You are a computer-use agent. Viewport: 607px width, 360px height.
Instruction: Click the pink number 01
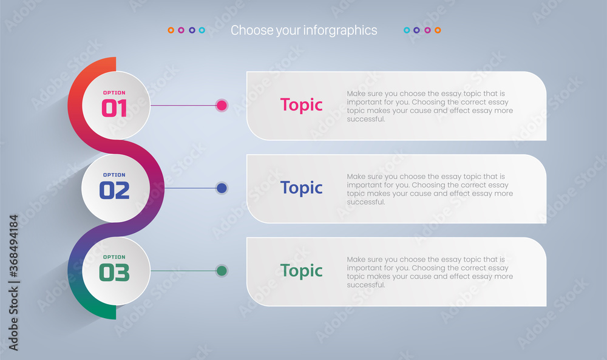click(114, 108)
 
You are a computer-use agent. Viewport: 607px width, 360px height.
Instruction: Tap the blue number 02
click(114, 191)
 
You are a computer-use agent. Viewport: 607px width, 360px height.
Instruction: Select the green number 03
click(114, 273)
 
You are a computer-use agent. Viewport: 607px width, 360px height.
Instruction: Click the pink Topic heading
click(301, 105)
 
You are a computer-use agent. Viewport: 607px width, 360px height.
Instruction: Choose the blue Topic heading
click(301, 188)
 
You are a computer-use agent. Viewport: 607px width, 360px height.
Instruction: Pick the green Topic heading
click(301, 271)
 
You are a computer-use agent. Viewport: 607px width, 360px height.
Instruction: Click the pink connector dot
click(222, 105)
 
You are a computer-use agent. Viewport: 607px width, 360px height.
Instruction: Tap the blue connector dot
click(222, 188)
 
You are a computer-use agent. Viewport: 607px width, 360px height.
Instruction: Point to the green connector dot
click(222, 271)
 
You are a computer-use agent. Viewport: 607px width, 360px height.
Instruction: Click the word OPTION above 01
click(114, 93)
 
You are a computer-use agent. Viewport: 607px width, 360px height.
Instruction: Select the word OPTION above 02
click(114, 175)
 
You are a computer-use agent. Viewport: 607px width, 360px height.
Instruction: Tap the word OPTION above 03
click(114, 257)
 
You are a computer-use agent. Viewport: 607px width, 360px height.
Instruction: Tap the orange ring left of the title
click(171, 30)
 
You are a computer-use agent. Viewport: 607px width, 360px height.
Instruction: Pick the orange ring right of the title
click(438, 30)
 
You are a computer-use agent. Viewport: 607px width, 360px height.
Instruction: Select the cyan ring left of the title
click(202, 30)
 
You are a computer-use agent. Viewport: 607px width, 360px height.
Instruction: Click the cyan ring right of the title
click(407, 30)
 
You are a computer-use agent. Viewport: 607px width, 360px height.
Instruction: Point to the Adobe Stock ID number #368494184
click(13, 246)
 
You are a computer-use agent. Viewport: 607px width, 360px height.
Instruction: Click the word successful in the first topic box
click(366, 119)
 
